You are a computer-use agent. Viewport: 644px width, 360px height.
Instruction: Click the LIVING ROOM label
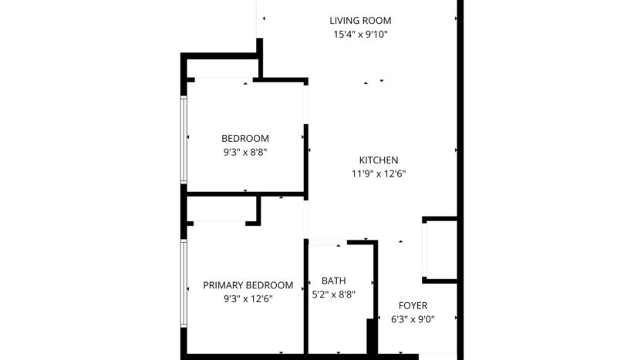point(359,21)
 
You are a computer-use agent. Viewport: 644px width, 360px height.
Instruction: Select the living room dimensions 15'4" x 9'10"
point(359,35)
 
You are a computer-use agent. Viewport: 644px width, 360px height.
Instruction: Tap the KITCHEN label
point(378,160)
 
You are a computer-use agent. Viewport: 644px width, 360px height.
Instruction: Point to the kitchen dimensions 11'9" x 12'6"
point(378,173)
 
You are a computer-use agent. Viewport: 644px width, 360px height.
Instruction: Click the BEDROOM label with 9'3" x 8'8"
point(244,138)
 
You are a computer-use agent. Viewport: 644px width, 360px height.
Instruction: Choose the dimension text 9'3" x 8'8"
point(244,152)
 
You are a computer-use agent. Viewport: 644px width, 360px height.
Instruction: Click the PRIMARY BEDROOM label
point(248,284)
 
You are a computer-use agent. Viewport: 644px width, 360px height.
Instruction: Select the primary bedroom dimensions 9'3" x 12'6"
point(248,298)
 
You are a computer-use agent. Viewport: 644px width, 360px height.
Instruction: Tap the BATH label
point(333,281)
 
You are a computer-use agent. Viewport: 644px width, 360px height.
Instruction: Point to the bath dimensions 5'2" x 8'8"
point(333,294)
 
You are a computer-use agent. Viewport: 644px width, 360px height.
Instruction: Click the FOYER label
point(413,305)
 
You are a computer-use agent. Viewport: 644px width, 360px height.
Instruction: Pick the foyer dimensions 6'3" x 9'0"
point(413,319)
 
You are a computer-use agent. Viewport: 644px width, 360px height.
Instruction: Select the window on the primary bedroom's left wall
point(184,281)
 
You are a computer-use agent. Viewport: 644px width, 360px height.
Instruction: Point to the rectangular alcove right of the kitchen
point(440,250)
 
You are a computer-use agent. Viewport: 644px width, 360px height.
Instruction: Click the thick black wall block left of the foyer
point(371,338)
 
